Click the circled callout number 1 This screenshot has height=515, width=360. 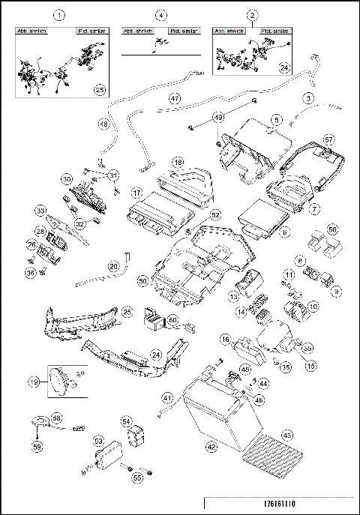61,15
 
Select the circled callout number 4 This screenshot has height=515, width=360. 160,15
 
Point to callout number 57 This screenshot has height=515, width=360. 328,139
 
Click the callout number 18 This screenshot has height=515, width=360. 178,162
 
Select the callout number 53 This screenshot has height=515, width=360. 98,442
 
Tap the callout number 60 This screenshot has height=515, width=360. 173,320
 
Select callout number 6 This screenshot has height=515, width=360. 284,234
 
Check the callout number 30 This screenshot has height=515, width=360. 67,180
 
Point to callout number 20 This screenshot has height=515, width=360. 114,265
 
